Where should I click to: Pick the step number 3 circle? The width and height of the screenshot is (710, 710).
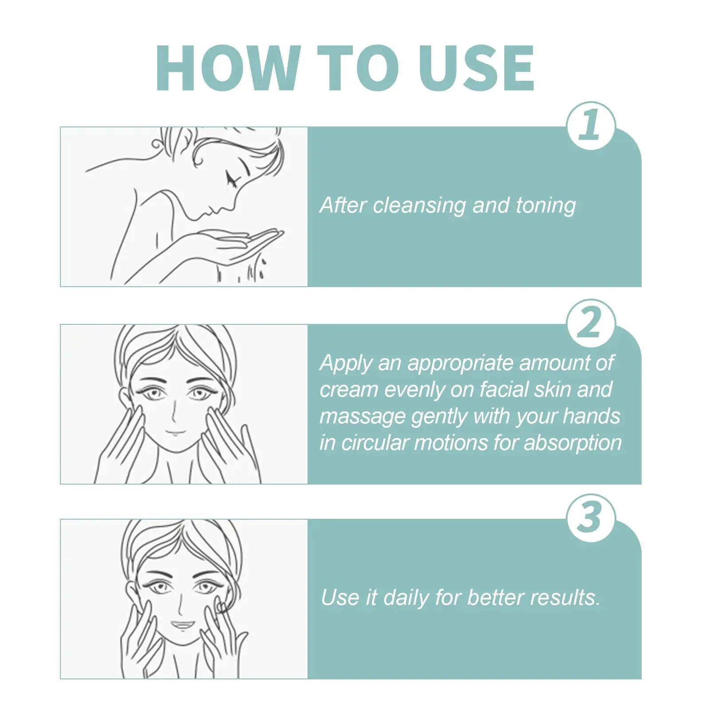tap(591, 517)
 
